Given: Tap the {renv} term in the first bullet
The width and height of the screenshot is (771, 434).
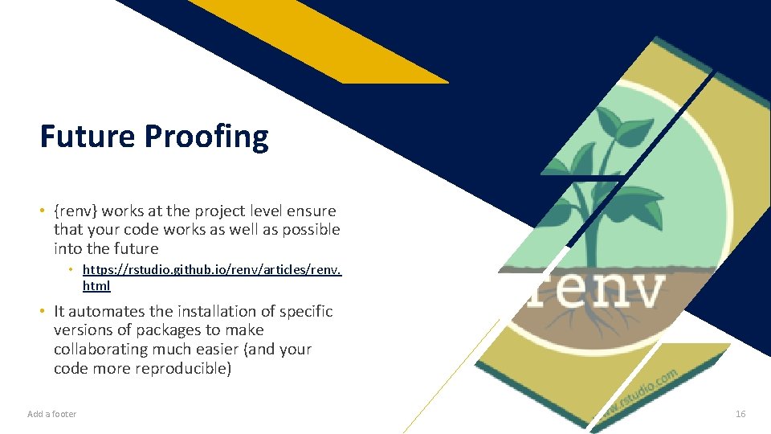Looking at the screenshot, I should click(75, 211).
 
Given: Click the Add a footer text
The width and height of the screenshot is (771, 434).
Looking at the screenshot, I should click(51, 414).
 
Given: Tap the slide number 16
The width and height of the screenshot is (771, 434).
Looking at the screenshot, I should click(740, 414).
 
